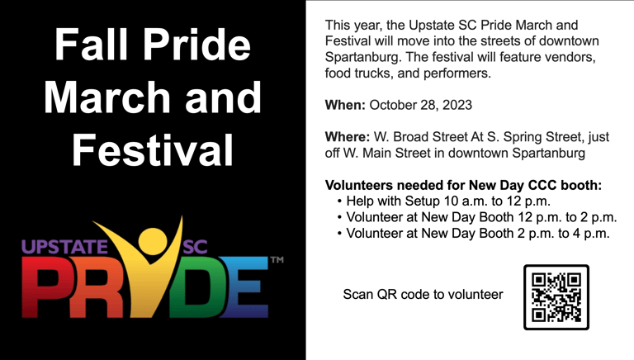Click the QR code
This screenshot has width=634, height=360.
556,297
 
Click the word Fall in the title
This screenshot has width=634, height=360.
91,44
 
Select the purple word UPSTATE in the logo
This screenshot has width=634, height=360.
64,247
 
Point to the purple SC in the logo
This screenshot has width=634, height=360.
196,247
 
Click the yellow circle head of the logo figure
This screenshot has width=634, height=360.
153,241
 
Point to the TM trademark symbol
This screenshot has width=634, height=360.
277,260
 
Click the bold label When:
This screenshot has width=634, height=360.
345,105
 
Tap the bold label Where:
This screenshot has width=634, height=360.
348,137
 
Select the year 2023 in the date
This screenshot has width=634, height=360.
457,105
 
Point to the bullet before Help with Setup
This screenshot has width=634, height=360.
339,201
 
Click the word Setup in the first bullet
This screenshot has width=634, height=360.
422,201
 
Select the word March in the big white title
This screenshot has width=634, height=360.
107,97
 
